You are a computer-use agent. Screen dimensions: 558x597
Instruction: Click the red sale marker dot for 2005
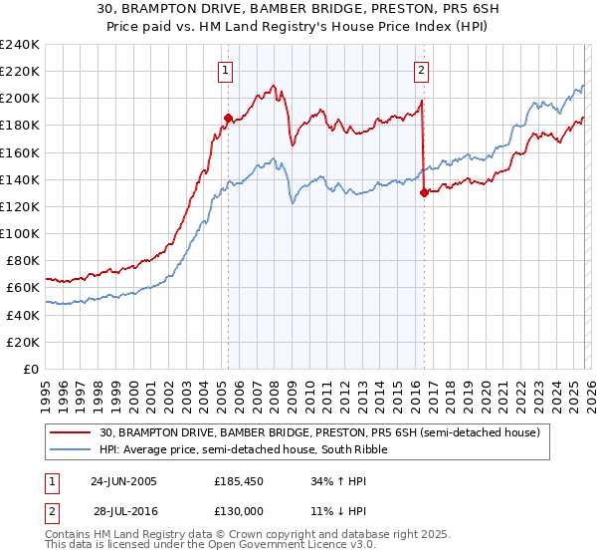228,118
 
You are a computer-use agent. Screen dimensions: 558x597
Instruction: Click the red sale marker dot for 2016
424,193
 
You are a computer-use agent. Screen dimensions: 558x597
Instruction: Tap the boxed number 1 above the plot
228,70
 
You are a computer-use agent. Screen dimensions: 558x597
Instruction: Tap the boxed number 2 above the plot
422,70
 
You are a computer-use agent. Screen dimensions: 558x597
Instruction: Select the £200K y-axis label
20,99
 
